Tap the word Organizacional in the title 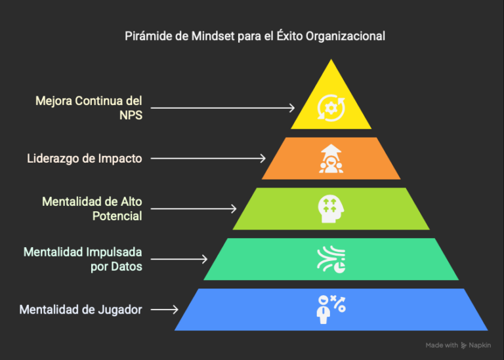[x=345, y=36]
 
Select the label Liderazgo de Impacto [x=84, y=159]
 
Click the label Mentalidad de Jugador [x=81, y=310]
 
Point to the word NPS [x=131, y=115]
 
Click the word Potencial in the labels [x=117, y=216]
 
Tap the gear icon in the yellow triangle [x=331, y=108]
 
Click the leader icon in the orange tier [x=331, y=159]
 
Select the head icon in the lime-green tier [x=331, y=209]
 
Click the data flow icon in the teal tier [x=331, y=260]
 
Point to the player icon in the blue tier [x=331, y=310]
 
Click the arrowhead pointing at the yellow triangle [x=292, y=108]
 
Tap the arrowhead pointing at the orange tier [x=263, y=158]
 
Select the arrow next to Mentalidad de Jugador [x=165, y=310]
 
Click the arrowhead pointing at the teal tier [x=205, y=259]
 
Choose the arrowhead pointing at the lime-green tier [x=234, y=209]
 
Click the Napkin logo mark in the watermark [x=463, y=346]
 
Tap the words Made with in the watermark [x=442, y=346]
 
